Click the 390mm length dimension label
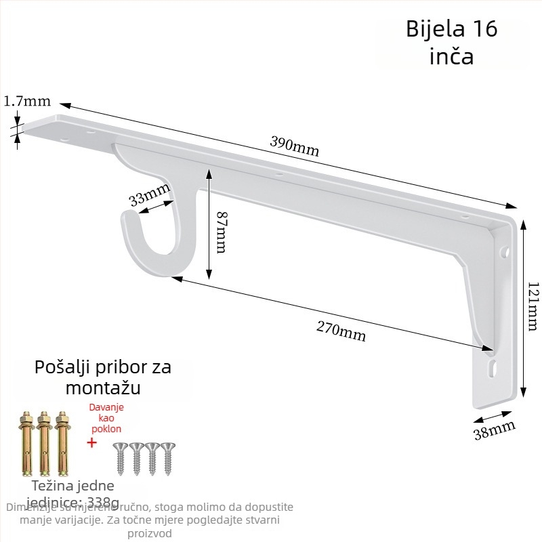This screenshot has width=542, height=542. coord(294,145)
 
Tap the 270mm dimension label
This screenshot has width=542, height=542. coord(341,330)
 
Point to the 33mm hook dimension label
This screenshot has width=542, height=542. coord(149,196)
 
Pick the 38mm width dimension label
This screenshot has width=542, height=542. coord(494,430)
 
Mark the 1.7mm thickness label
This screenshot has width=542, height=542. coord(27,102)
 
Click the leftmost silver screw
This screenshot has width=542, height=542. coord(121,457)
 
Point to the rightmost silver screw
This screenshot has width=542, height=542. coord(167,457)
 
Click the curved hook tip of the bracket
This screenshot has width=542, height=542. coord(128,218)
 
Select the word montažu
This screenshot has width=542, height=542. coord(103,388)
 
